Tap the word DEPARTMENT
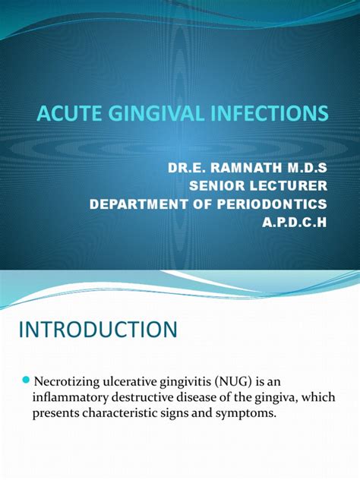coord(138,204)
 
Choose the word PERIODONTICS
coord(272,204)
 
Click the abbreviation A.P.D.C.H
coord(295,223)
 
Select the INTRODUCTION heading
coord(98,330)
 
